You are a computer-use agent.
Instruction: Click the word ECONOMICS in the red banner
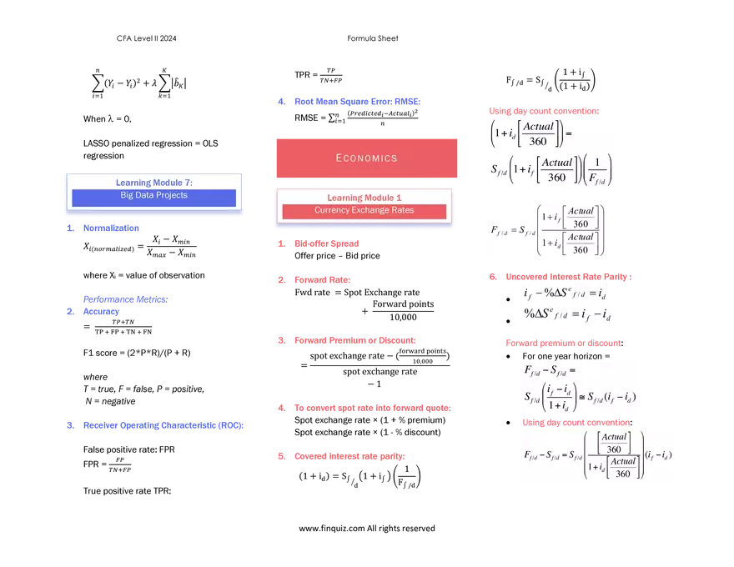pyautogui.click(x=366, y=158)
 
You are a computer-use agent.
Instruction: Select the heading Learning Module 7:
pyautogui.click(x=153, y=183)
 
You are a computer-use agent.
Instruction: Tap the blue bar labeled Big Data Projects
pyautogui.click(x=153, y=196)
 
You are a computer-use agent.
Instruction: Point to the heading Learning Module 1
pyautogui.click(x=364, y=198)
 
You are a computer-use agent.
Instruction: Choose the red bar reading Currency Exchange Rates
pyautogui.click(x=364, y=211)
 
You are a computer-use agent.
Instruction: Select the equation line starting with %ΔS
pyautogui.click(x=567, y=314)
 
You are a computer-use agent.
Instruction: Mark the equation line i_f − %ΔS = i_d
pyautogui.click(x=567, y=294)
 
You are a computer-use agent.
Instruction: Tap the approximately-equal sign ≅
pyautogui.click(x=580, y=397)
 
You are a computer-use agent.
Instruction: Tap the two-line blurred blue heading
pyautogui.click(x=124, y=306)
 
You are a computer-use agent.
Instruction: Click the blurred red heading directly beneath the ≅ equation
pyautogui.click(x=575, y=422)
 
